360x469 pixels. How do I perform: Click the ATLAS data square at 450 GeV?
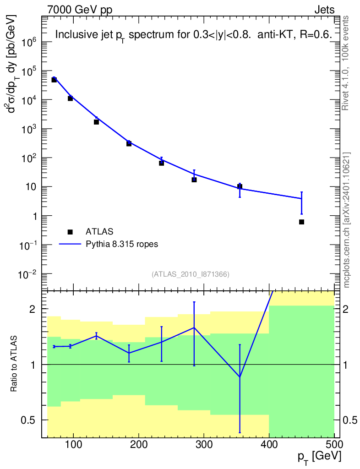[x=301, y=222]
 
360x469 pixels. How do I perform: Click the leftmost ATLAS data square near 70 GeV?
[x=54, y=80]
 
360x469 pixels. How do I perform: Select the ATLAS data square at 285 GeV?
[x=194, y=180]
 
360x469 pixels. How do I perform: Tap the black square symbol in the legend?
[x=70, y=232]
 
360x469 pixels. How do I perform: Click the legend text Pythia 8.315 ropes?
[x=122, y=244]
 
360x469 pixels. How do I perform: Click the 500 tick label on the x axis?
[x=334, y=445]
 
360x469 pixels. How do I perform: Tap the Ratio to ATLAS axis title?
[x=14, y=365]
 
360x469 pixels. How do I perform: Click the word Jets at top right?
[x=324, y=10]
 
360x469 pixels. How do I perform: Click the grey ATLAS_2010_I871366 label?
[x=191, y=274]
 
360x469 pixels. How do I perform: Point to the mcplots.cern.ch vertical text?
[x=347, y=220]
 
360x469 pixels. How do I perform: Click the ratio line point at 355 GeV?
[x=240, y=377]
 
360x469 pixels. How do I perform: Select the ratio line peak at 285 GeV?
[x=194, y=327]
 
